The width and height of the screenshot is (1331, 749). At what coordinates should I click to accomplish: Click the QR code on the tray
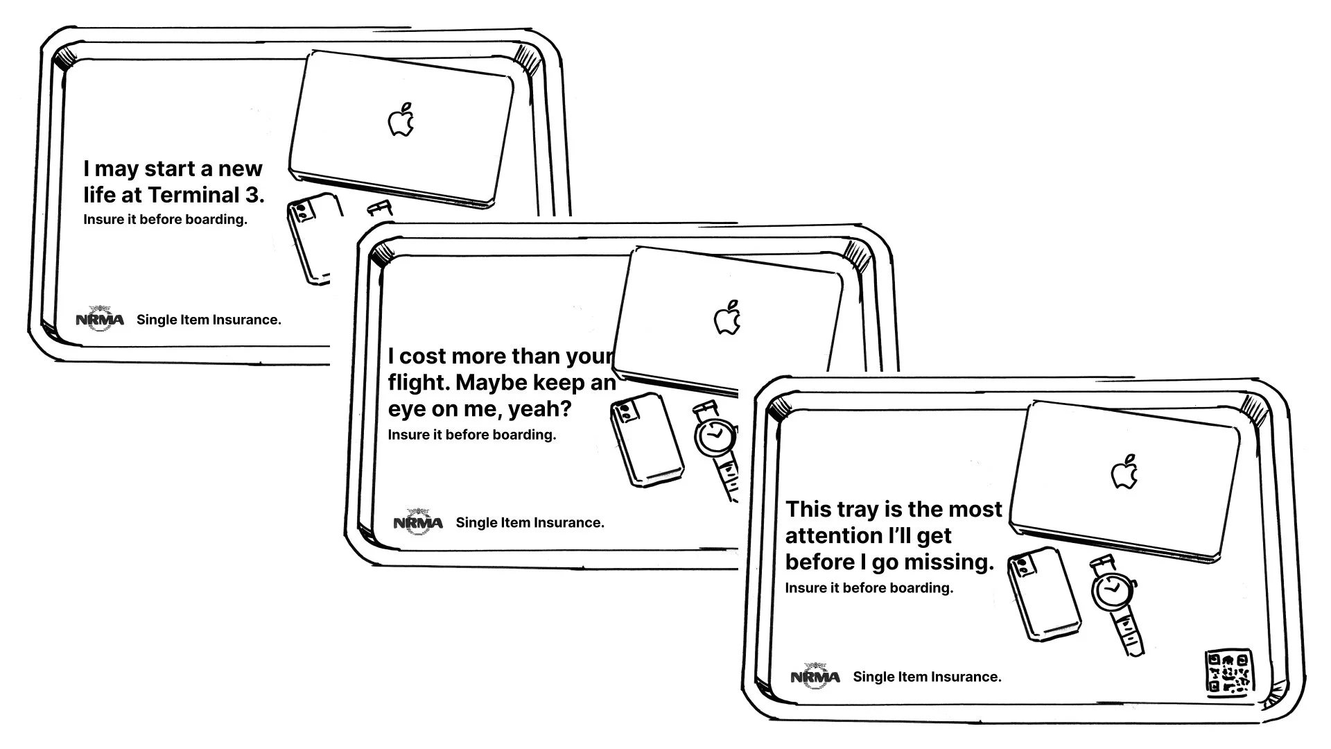pyautogui.click(x=1229, y=673)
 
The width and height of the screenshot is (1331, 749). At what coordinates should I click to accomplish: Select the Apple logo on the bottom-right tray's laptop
pyautogui.click(x=1124, y=472)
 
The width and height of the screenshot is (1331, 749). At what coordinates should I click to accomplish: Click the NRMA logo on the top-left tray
pyautogui.click(x=100, y=318)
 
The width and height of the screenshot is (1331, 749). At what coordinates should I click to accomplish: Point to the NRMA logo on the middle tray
pyautogui.click(x=418, y=522)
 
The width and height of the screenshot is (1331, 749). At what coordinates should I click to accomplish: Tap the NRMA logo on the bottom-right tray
pyautogui.click(x=815, y=675)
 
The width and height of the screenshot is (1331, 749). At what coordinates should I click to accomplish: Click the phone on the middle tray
pyautogui.click(x=646, y=438)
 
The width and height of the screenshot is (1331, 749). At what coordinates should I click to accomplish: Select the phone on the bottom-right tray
pyautogui.click(x=1044, y=594)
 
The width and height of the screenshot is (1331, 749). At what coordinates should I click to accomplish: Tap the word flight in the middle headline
pyautogui.click(x=418, y=383)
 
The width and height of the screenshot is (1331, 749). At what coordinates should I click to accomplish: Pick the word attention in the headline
pyautogui.click(x=824, y=535)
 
